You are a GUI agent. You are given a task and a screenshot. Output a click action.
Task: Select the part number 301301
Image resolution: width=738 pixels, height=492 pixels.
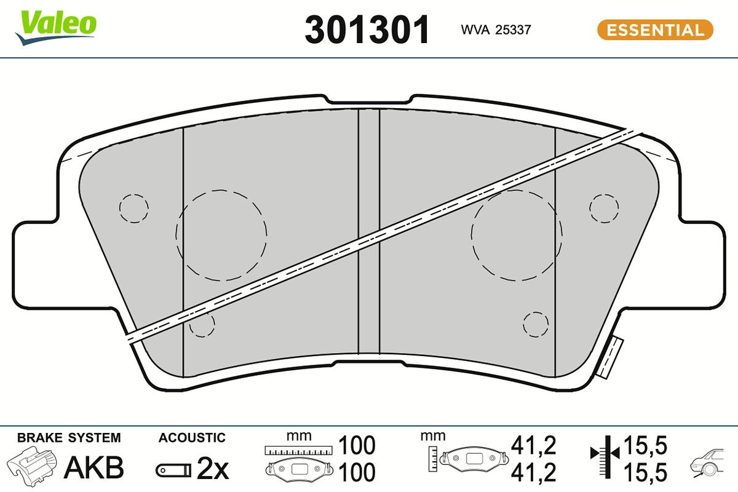367,30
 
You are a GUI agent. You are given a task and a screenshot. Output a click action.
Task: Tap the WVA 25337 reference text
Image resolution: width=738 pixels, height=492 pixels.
496,30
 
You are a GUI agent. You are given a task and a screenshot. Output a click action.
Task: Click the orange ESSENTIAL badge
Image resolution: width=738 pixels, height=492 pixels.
655,30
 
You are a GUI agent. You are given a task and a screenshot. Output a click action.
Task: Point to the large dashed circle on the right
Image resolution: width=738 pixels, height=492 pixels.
517,234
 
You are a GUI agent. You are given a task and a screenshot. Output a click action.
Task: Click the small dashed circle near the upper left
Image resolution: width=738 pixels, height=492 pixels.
133,208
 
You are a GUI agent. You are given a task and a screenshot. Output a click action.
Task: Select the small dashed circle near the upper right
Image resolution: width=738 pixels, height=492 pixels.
604,207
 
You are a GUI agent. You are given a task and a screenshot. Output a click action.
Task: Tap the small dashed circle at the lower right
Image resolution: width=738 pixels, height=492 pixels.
535,323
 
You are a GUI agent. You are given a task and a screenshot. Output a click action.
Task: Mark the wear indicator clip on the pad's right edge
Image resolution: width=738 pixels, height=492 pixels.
611,357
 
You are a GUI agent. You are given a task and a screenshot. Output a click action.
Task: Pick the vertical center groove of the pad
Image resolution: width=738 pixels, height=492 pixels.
369,234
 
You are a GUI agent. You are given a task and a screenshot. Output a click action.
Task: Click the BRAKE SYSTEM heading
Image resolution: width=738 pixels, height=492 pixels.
69,438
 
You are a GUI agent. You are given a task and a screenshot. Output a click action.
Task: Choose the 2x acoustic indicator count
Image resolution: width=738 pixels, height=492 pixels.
212,470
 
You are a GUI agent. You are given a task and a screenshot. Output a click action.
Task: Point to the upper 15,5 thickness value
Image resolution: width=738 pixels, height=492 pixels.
645,444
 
